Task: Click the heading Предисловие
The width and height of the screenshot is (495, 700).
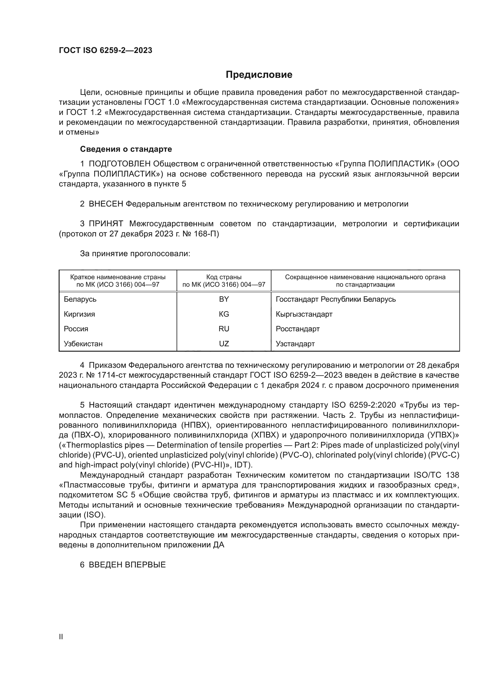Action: [x=259, y=75]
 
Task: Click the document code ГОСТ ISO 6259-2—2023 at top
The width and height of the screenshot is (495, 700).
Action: [x=105, y=51]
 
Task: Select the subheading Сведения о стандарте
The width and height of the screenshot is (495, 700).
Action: [x=126, y=149]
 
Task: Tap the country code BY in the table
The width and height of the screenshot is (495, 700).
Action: [x=224, y=299]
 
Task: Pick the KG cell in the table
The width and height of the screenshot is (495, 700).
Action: [x=224, y=314]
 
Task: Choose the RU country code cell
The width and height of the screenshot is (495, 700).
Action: [x=224, y=329]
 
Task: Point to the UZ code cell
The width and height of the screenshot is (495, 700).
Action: [x=224, y=344]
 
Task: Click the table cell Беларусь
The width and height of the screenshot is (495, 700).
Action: [x=80, y=299]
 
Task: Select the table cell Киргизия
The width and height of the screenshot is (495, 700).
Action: [x=79, y=314]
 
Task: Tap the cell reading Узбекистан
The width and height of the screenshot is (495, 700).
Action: [x=83, y=344]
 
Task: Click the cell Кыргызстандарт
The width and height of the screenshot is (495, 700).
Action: [x=304, y=314]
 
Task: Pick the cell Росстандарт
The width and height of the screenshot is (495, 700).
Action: [x=297, y=329]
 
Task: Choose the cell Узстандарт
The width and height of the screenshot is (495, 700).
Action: [x=295, y=344]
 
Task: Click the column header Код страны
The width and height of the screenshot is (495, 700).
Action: [x=224, y=277]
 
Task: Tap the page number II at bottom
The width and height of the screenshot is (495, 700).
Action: [x=61, y=637]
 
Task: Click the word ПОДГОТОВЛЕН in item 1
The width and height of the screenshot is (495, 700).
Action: [x=119, y=164]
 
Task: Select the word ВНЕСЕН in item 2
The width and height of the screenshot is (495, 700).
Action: [x=105, y=204]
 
